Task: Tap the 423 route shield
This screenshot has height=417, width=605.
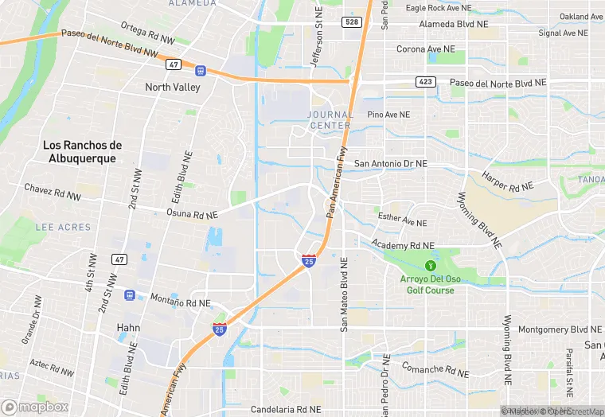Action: [x=425, y=82]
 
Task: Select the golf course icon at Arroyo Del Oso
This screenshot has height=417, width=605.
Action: [x=431, y=264]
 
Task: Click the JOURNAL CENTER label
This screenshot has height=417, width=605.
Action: [x=329, y=120]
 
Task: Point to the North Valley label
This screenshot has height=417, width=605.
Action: [x=173, y=88]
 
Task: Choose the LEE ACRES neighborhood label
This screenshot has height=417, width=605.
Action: [x=64, y=227]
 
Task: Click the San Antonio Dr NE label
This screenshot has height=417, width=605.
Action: [x=391, y=163]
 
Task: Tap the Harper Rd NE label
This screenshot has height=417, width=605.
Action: [x=506, y=184]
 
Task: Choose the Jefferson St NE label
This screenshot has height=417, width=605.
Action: [x=316, y=37]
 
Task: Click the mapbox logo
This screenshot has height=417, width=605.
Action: [x=36, y=407]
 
